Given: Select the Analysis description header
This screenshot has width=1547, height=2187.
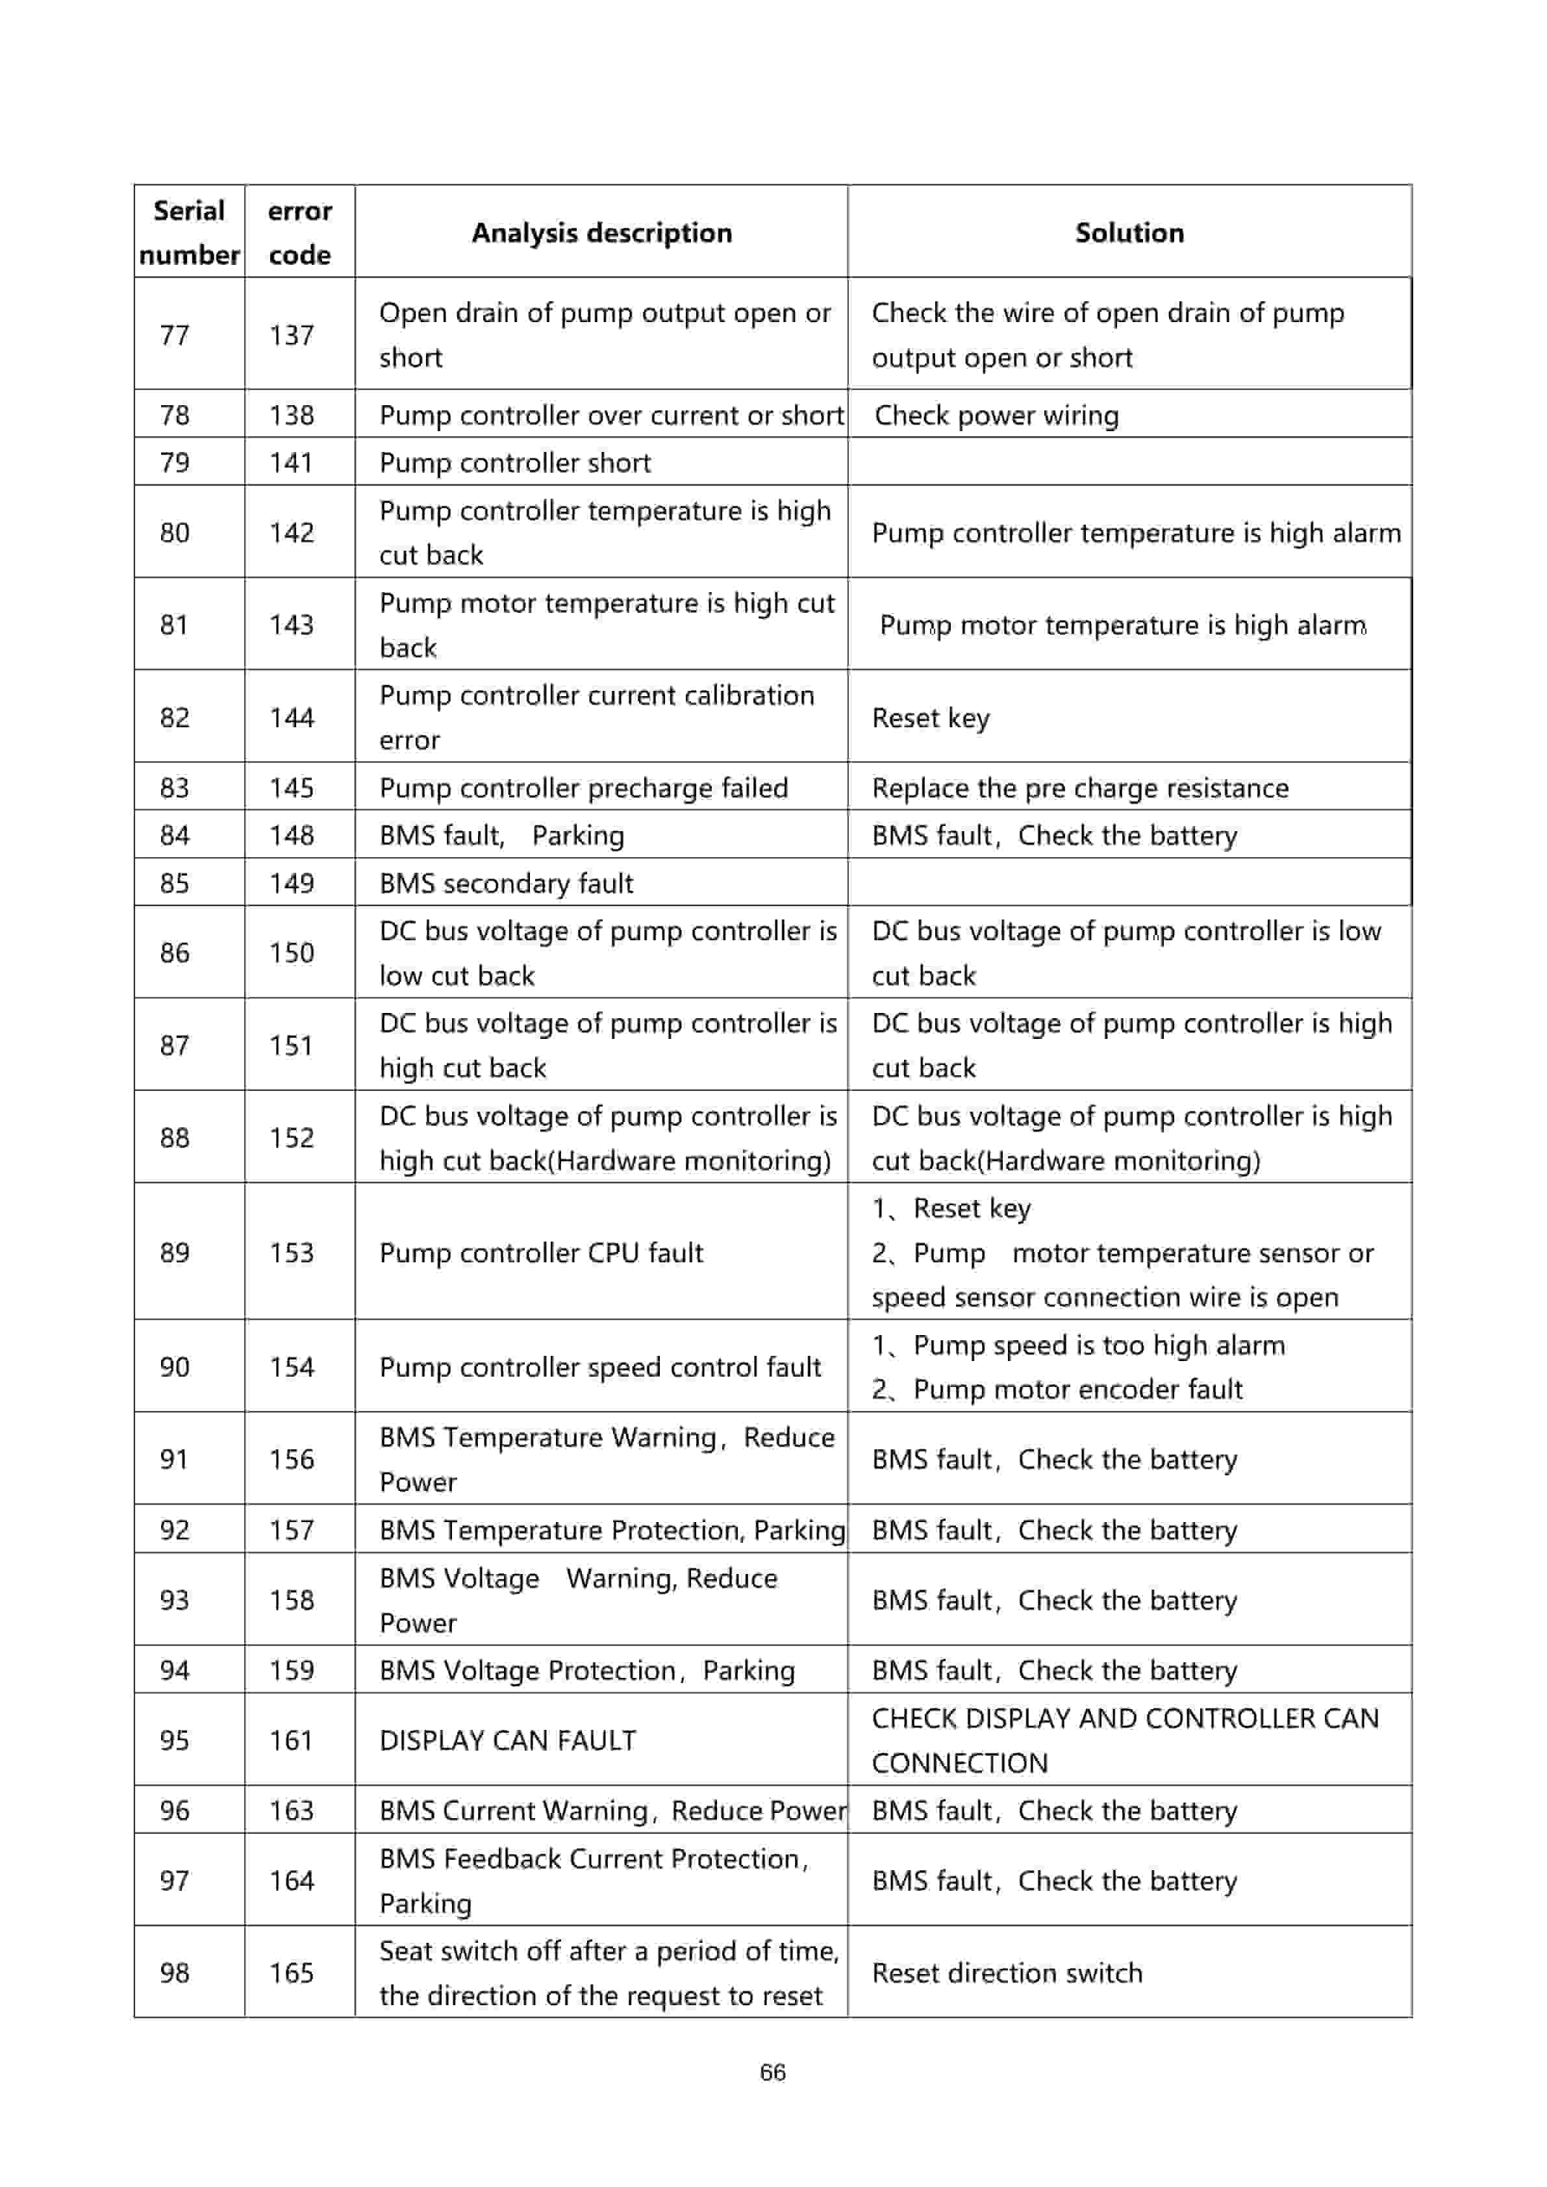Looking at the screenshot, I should click(x=601, y=232).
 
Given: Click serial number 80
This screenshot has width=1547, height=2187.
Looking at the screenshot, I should click(x=174, y=532).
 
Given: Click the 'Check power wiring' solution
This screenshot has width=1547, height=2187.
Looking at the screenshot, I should click(x=996, y=416).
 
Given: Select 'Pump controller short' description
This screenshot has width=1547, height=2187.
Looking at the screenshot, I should click(x=514, y=463).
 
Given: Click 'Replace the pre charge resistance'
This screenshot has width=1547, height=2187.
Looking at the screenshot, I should click(x=1079, y=788).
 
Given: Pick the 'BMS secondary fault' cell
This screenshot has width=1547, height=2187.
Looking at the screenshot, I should click(x=506, y=883).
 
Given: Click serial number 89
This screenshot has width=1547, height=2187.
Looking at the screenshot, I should click(x=174, y=1252).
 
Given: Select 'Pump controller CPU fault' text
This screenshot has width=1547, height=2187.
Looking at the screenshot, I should click(x=541, y=1253).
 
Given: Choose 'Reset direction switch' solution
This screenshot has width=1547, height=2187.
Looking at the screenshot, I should click(x=1007, y=1973).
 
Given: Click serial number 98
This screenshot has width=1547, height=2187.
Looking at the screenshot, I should click(x=174, y=1973).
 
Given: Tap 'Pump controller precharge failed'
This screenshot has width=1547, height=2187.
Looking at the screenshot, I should click(x=583, y=788).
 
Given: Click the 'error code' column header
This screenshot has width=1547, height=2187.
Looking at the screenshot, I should click(x=299, y=232).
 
